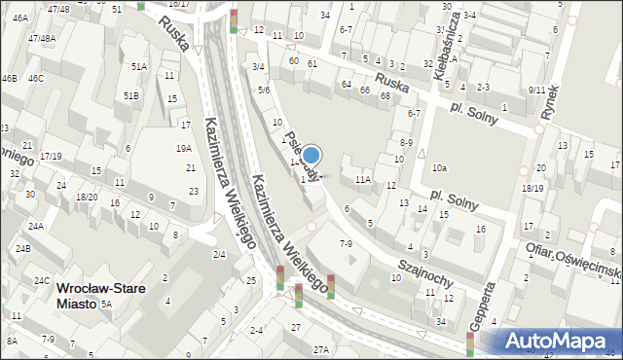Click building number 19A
pyautogui.click(x=183, y=149)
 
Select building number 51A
pyautogui.click(x=139, y=67)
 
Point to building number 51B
pyautogui.click(x=131, y=95)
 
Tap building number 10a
pyautogui.click(x=440, y=168)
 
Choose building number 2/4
pyautogui.click(x=219, y=254)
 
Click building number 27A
pyautogui.click(x=320, y=348)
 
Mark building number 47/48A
pyautogui.click(x=42, y=38)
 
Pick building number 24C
pyautogui.click(x=42, y=280)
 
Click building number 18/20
pyautogui.click(x=88, y=197)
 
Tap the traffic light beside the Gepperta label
pyautogui.click(x=471, y=343)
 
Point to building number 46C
pyautogui.click(x=36, y=78)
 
